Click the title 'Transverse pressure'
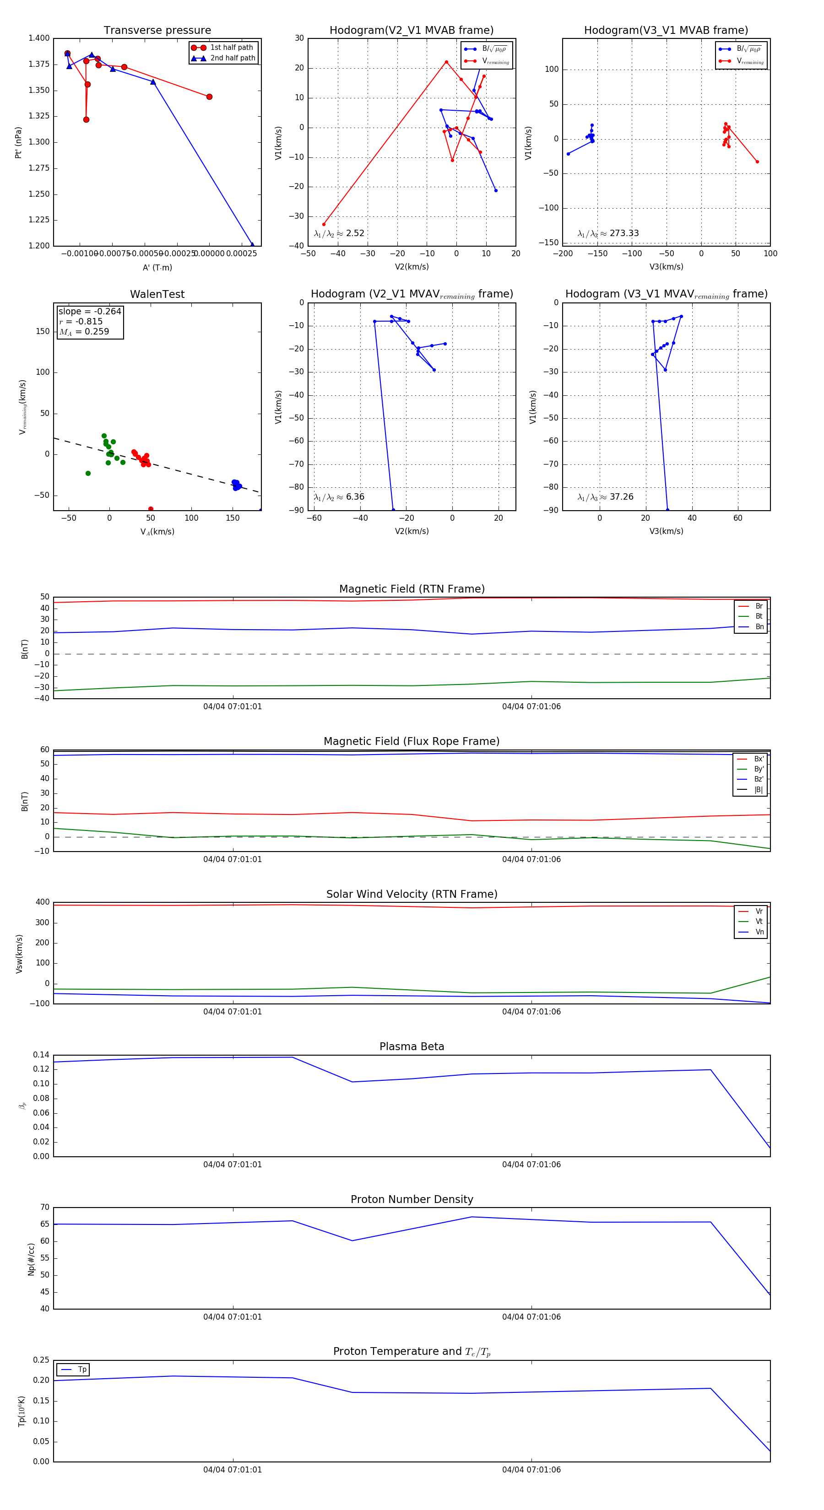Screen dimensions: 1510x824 point(157,31)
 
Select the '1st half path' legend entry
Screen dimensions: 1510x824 point(231,48)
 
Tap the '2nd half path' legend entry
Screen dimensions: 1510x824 point(232,58)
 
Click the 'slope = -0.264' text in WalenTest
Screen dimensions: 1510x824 point(90,311)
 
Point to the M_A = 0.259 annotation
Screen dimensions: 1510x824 point(84,332)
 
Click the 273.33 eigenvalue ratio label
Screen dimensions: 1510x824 point(623,233)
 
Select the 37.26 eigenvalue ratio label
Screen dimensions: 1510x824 point(621,497)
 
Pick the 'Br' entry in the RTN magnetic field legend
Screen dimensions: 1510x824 point(759,606)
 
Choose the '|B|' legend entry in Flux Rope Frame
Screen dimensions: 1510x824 point(759,790)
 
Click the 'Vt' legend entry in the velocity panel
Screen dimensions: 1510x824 point(759,922)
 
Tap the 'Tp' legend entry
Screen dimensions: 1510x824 point(82,1370)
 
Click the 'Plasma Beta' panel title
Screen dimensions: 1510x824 point(412,1047)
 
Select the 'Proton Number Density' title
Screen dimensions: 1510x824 point(412,1199)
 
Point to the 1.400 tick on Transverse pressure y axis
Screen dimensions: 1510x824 point(39,38)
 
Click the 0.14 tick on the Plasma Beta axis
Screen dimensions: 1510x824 point(41,1055)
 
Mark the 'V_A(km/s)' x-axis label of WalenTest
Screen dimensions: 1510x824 point(157,532)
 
